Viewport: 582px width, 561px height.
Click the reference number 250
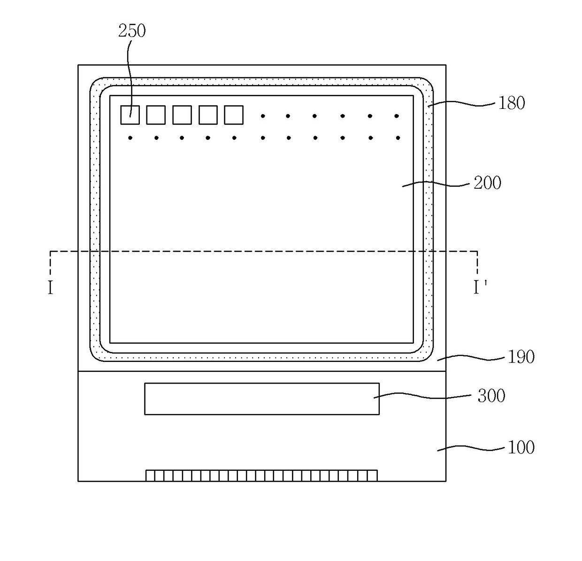(132, 31)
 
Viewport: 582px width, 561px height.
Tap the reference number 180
(512, 103)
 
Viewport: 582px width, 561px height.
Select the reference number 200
(488, 183)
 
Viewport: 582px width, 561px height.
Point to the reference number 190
(521, 357)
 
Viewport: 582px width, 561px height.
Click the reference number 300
(491, 396)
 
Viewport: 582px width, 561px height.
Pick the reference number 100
(521, 447)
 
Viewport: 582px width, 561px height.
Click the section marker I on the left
(50, 287)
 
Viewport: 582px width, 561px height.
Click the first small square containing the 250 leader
(130, 115)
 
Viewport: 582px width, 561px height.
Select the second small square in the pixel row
(156, 115)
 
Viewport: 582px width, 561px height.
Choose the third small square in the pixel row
(182, 115)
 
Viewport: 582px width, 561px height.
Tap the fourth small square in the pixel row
(208, 115)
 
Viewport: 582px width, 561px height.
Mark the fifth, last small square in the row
(234, 115)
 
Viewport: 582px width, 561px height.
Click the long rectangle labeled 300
(261, 399)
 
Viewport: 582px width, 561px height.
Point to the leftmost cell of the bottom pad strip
(150, 476)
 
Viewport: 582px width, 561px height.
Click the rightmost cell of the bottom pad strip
(372, 476)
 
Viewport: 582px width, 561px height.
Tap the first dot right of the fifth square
(263, 116)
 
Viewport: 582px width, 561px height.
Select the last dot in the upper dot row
(397, 116)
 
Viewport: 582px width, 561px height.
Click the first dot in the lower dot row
(130, 138)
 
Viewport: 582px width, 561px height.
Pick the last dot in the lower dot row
(398, 138)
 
